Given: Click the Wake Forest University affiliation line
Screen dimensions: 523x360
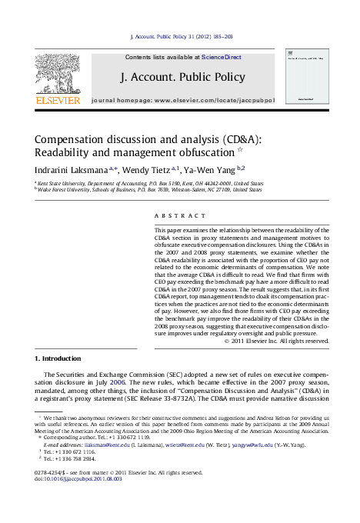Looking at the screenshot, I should [151, 190].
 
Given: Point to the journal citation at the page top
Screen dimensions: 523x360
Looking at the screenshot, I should [182, 36].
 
